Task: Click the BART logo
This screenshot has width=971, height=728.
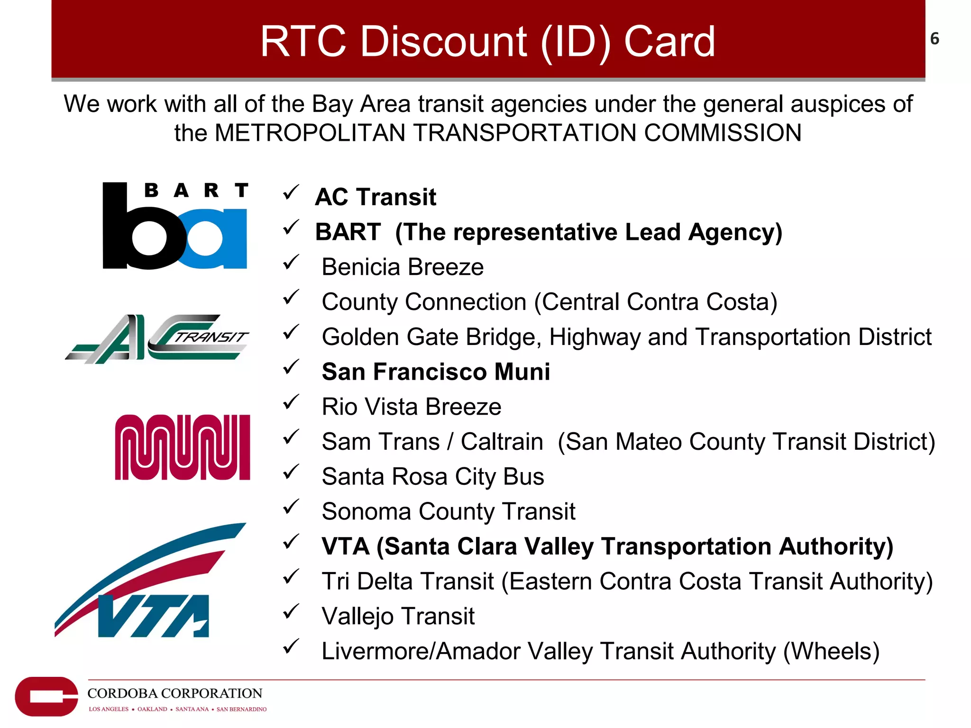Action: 174,226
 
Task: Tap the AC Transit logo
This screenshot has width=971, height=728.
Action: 157,338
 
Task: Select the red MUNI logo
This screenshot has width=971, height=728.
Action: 183,447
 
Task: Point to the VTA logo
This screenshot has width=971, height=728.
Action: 150,581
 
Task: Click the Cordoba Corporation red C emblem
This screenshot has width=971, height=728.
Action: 46,696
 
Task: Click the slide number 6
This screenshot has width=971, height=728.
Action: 934,39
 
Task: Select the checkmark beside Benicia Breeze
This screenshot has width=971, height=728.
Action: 291,262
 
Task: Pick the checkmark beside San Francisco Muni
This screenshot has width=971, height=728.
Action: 291,367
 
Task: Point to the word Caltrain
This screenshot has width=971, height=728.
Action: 502,442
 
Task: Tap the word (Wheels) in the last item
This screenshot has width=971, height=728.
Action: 831,651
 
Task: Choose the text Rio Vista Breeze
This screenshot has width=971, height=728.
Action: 411,407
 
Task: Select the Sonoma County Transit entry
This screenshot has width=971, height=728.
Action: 448,512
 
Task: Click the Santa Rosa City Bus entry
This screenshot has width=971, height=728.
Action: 432,477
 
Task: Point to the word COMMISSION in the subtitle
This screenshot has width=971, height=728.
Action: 723,133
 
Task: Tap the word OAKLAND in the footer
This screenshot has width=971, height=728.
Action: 152,709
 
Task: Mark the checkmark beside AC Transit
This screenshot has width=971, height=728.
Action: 291,192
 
